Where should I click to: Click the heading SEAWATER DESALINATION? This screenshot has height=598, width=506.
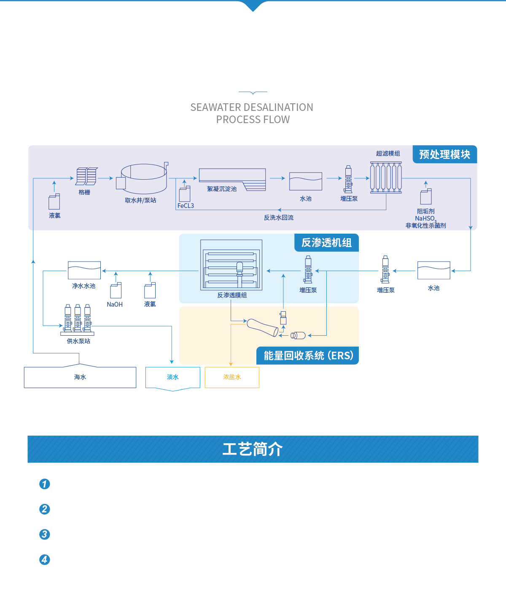[252, 108]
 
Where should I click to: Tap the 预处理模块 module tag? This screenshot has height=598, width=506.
[444, 154]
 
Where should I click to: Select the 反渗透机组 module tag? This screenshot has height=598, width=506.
[326, 243]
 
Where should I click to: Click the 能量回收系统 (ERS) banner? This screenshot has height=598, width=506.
[308, 356]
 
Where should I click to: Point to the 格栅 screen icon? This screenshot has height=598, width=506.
[86, 176]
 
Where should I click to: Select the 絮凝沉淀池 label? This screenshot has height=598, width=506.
[222, 189]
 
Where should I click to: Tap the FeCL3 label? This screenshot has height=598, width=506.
[186, 206]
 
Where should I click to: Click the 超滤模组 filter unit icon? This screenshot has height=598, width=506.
[386, 177]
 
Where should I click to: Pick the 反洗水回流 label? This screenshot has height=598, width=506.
[279, 218]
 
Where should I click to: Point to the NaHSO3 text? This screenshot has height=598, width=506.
[425, 218]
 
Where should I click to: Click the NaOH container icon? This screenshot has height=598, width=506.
[116, 291]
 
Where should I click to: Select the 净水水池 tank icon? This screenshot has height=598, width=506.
[84, 270]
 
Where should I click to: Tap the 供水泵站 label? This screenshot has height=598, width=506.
[78, 341]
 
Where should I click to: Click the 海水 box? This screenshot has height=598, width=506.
[80, 377]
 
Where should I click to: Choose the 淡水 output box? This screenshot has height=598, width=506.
[173, 377]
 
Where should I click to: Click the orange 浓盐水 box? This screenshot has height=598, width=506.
[232, 377]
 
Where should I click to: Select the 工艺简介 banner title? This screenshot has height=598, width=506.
[253, 449]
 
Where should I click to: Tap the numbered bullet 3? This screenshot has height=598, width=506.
[45, 534]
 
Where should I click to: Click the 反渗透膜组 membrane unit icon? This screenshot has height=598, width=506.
[231, 265]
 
